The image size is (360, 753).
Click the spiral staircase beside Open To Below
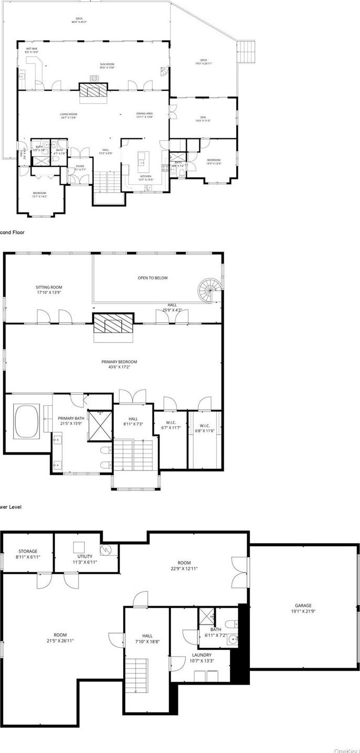tap(209, 290)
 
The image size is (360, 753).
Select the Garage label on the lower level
tap(302, 608)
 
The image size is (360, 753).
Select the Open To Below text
tap(153, 278)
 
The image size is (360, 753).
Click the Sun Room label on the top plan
tap(107, 66)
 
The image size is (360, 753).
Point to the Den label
tap(203, 118)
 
